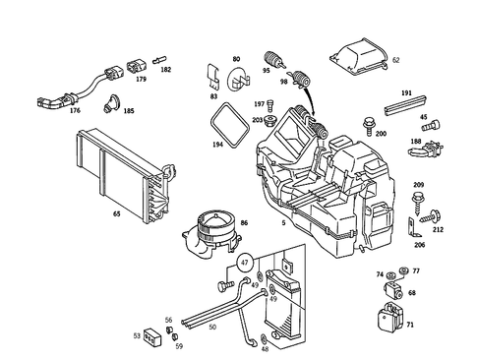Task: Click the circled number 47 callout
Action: pyautogui.click(x=245, y=263)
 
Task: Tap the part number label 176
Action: pyautogui.click(x=75, y=110)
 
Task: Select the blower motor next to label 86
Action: pyautogui.click(x=211, y=233)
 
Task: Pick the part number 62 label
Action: pyautogui.click(x=396, y=60)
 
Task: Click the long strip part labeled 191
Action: pyautogui.click(x=405, y=105)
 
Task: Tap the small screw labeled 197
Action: pyautogui.click(x=270, y=105)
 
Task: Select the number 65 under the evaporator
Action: pyautogui.click(x=117, y=213)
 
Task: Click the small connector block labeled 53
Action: pyautogui.click(x=152, y=337)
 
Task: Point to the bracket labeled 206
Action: pyautogui.click(x=414, y=227)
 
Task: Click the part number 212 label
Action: pyautogui.click(x=438, y=229)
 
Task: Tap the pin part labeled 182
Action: pyautogui.click(x=159, y=60)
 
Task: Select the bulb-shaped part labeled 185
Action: pyautogui.click(x=111, y=103)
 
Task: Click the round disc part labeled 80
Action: pyautogui.click(x=238, y=80)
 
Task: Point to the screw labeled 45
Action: pyautogui.click(x=431, y=125)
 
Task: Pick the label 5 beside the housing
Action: pyautogui.click(x=283, y=223)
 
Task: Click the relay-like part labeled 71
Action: pyautogui.click(x=390, y=317)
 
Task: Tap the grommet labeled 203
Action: pyautogui.click(x=270, y=120)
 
